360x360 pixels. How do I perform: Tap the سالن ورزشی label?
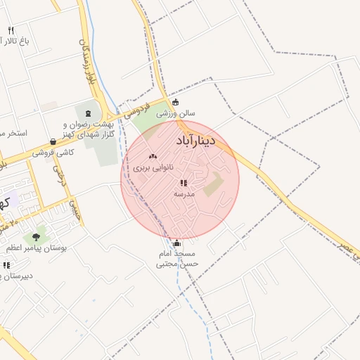(x=181, y=112)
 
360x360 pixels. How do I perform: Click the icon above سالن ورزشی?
(x=175, y=101)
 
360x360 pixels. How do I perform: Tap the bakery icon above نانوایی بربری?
(x=153, y=156)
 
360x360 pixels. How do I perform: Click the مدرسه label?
(x=184, y=193)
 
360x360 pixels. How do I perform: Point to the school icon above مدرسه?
(x=184, y=183)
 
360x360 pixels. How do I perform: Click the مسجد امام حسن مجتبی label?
(x=178, y=259)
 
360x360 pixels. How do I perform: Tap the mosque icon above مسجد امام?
(x=176, y=243)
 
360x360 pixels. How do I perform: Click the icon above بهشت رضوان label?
(x=89, y=114)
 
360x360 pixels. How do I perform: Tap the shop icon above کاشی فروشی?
(x=53, y=141)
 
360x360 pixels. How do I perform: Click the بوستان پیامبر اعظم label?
(x=36, y=248)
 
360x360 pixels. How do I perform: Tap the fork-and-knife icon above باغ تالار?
(x=11, y=30)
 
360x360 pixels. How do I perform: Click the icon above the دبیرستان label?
(x=6, y=265)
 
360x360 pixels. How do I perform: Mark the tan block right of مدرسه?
(x=214, y=184)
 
